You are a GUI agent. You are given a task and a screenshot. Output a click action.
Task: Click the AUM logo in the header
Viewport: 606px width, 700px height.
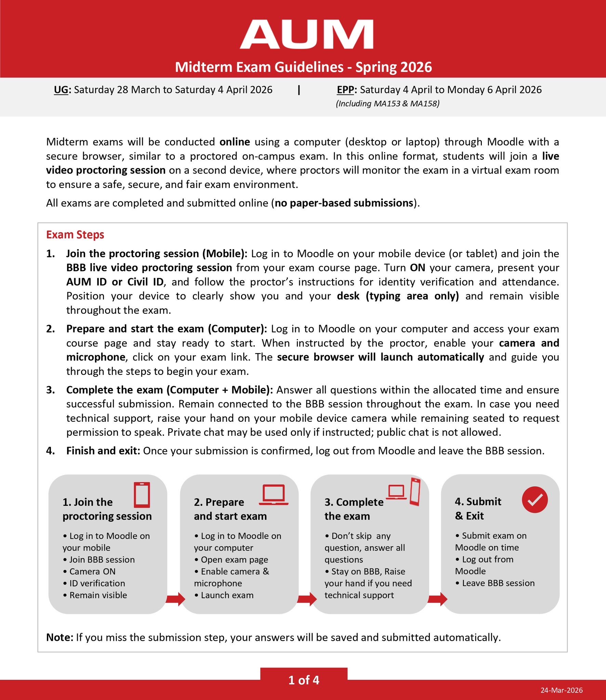306,35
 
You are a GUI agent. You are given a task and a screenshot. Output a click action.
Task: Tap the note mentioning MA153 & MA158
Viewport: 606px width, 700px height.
387,104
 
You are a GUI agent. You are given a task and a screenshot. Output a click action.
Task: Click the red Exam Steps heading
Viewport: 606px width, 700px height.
75,235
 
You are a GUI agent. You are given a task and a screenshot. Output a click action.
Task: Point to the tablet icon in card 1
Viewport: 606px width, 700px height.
142,495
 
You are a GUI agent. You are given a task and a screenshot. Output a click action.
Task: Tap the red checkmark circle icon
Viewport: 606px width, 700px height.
535,500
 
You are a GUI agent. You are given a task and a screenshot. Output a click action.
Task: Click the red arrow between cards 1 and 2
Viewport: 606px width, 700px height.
175,599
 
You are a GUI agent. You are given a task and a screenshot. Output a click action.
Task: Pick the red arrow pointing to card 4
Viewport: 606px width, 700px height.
437,599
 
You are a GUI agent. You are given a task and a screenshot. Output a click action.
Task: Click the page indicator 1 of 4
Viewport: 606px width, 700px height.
304,680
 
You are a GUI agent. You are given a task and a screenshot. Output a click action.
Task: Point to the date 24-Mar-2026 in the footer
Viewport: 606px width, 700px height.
562,690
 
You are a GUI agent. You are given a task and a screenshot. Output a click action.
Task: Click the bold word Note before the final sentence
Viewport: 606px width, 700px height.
60,637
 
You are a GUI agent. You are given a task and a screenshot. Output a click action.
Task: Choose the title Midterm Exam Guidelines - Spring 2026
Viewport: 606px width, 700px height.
303,67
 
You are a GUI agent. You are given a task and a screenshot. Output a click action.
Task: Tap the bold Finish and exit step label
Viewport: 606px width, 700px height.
103,451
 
